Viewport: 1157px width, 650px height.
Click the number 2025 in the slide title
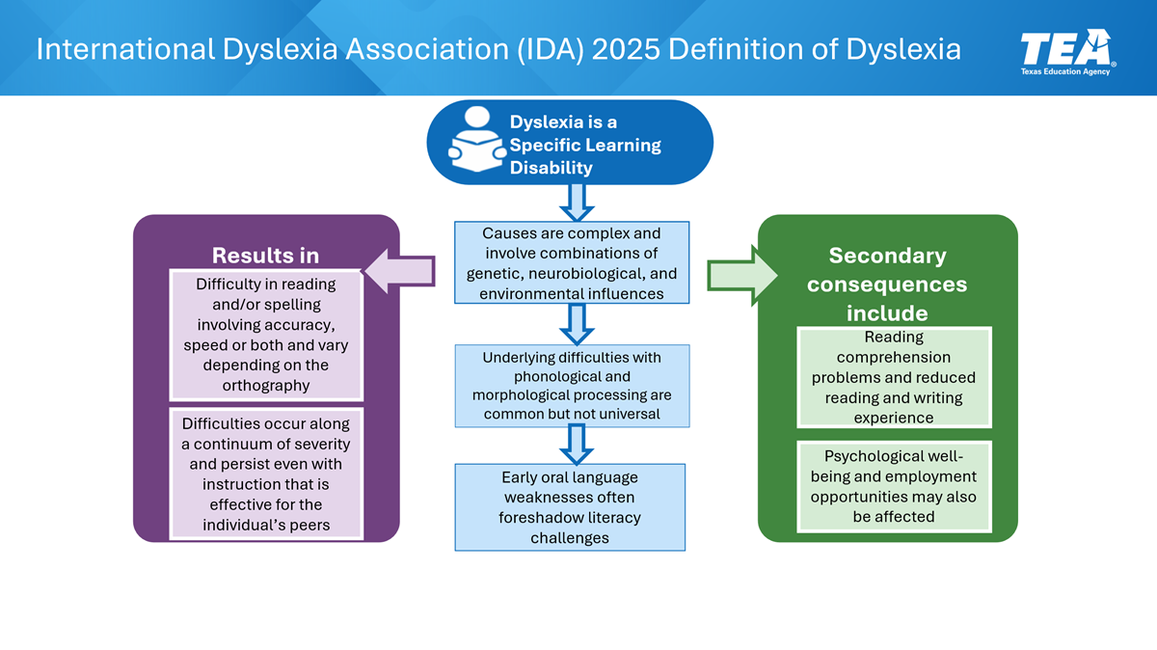point(627,49)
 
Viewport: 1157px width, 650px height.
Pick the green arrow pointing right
point(743,274)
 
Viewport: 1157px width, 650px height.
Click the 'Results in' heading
point(265,256)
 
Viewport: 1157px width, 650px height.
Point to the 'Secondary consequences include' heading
point(887,284)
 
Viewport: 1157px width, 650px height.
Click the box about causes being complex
point(572,263)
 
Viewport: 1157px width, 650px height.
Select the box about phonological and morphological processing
point(572,386)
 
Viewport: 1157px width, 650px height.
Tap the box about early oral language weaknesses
point(570,507)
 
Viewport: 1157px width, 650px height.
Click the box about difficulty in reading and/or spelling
point(266,335)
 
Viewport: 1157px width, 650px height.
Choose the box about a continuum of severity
point(266,474)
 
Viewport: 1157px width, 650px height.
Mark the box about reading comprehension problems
point(893,377)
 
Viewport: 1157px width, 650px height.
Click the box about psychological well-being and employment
point(893,486)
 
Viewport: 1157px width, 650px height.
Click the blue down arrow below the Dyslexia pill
point(578,200)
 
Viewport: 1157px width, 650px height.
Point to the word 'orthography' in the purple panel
point(266,385)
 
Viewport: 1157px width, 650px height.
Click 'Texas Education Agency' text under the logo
point(1064,71)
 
